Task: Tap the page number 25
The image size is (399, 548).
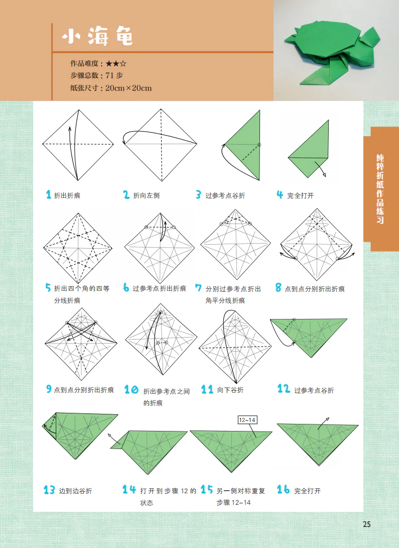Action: click(366, 524)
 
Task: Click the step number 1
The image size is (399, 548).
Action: click(48, 195)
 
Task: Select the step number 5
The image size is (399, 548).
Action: click(48, 288)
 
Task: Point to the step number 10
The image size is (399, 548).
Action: click(131, 390)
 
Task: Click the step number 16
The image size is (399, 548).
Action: click(283, 490)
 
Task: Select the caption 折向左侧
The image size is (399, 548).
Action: click(146, 195)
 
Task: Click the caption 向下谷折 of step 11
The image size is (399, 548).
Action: click(230, 390)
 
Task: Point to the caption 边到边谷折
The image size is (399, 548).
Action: click(75, 491)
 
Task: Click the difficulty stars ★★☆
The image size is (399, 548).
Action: click(116, 64)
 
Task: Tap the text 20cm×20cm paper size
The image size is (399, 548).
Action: click(128, 88)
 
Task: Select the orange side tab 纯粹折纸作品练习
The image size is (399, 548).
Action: click(380, 188)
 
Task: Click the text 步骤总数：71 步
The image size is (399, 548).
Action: click(96, 76)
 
